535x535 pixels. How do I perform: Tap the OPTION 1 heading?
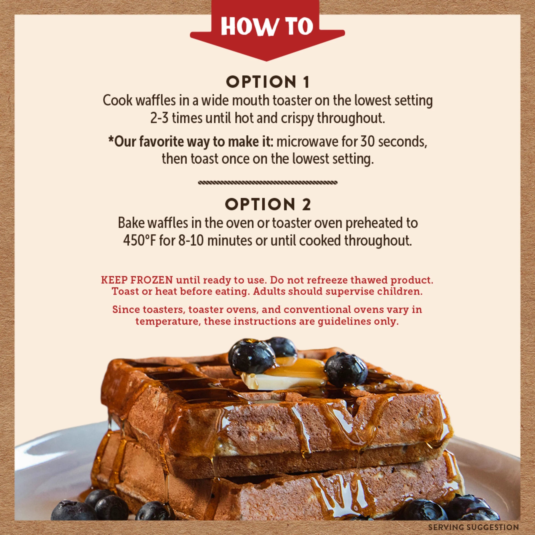[267, 82]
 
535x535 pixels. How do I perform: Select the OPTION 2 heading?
[268, 205]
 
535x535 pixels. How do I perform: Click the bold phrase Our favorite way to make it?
[191, 142]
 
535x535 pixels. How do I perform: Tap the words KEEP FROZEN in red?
[137, 280]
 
